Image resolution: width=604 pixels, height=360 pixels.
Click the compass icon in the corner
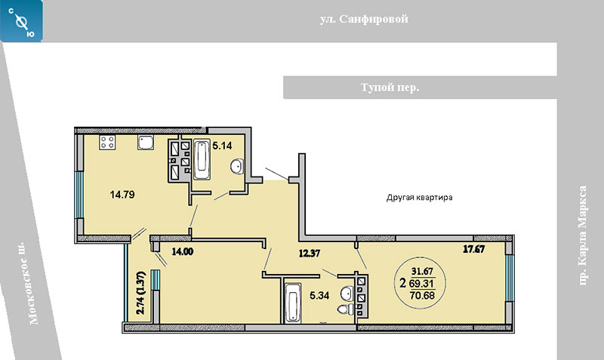(x=21, y=21)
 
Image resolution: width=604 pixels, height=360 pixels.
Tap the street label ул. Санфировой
(x=364, y=19)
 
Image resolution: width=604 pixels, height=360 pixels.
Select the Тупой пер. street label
(x=390, y=88)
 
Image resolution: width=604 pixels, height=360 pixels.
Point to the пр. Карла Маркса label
(x=582, y=235)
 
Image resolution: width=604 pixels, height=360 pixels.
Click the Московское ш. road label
(x=29, y=283)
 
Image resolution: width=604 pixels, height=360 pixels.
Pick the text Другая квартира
(x=420, y=198)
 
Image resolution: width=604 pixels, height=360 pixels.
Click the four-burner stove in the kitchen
(x=107, y=143)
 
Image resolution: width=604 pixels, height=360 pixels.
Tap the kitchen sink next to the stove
(x=146, y=143)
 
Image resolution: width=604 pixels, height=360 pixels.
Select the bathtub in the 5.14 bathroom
(x=202, y=160)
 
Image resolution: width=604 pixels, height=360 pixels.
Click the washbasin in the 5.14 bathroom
(x=237, y=166)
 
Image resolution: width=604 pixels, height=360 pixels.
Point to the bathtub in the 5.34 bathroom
(x=292, y=303)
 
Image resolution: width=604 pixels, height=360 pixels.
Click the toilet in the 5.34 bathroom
(x=345, y=309)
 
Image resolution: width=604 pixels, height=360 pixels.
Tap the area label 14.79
(x=122, y=195)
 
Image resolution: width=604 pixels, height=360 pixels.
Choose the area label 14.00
(x=183, y=252)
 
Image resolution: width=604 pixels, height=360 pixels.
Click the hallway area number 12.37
(x=310, y=253)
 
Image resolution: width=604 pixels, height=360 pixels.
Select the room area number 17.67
(x=474, y=249)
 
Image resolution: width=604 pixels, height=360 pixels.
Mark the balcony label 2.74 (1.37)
(x=142, y=293)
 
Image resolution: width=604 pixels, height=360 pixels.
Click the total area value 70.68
(x=422, y=296)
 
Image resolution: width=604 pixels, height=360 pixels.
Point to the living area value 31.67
(x=422, y=271)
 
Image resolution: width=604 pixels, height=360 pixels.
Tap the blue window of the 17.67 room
(x=509, y=278)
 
